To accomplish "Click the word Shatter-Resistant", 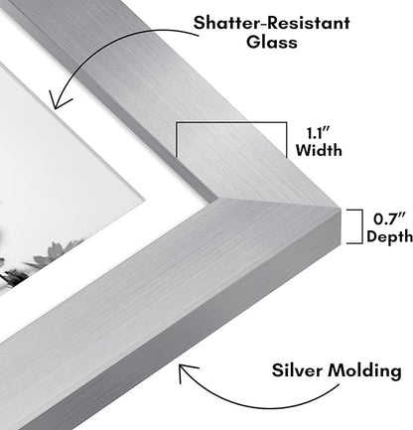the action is [x=272, y=23].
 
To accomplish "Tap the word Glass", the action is [x=272, y=43].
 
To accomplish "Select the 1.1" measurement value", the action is [x=319, y=133].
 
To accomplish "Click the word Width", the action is [x=319, y=150].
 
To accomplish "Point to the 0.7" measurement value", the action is [x=389, y=219].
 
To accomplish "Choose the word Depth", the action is [x=390, y=236].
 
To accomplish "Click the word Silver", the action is [x=297, y=369].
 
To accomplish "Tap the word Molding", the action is [x=364, y=370].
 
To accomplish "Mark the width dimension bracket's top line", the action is [x=231, y=123].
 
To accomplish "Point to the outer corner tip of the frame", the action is [x=341, y=209].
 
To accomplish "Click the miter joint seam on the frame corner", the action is [x=278, y=203].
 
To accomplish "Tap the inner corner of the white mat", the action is [x=144, y=200].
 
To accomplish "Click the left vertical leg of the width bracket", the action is [x=177, y=140].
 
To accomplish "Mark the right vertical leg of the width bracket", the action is [x=286, y=140].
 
